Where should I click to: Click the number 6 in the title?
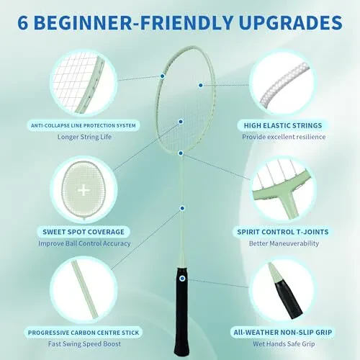(x=27, y=22)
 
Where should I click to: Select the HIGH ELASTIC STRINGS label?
(x=284, y=125)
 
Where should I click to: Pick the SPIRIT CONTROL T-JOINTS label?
(x=284, y=232)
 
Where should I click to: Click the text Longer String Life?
(x=84, y=137)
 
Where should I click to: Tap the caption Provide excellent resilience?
(x=284, y=137)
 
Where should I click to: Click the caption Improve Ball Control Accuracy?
(x=84, y=243)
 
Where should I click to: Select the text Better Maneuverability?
(x=284, y=244)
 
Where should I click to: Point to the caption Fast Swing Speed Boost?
(x=84, y=344)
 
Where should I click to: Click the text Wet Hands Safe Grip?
(x=284, y=344)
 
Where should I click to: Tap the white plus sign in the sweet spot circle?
(x=84, y=190)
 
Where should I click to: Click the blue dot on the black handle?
(x=181, y=278)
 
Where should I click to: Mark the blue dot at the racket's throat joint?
(x=182, y=153)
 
